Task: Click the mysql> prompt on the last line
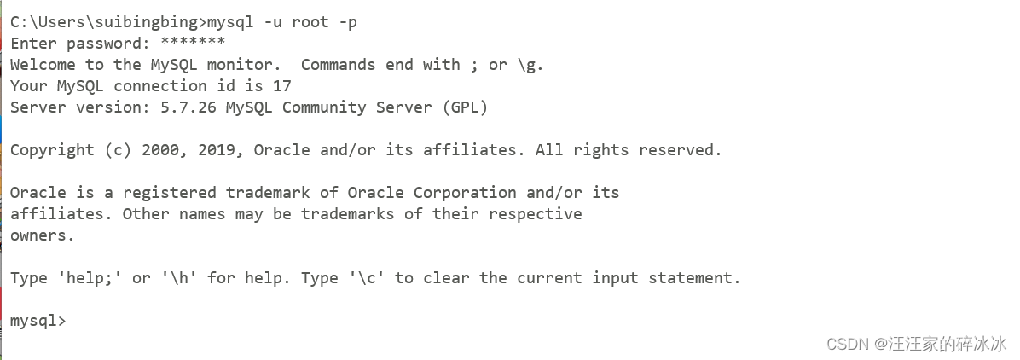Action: click(x=38, y=321)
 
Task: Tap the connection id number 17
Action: click(x=282, y=86)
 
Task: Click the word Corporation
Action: click(x=465, y=193)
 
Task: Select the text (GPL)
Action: click(x=465, y=107)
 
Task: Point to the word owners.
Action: click(x=43, y=235)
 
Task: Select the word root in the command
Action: click(x=310, y=22)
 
